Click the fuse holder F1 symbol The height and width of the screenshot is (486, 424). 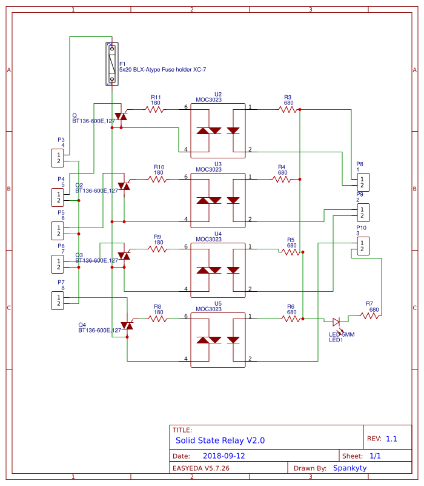pos(112,64)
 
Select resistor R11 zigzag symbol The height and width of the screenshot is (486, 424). pos(155,109)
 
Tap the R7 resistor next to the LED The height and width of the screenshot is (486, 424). pos(369,316)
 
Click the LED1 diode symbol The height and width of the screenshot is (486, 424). pos(337,322)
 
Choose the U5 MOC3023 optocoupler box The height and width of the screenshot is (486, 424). pos(218,337)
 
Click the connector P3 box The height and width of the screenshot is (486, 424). pos(59,158)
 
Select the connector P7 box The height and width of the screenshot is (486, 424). pos(59,300)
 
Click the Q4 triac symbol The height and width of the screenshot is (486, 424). pos(127,326)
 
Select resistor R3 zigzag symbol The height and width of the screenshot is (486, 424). pos(288,109)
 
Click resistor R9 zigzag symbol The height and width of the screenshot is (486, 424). pos(157,249)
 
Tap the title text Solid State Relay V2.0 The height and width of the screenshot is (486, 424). pos(220,440)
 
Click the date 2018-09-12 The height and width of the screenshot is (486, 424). pos(224,456)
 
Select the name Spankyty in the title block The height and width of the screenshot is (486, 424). pos(349,468)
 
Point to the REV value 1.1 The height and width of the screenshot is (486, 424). pos(391,439)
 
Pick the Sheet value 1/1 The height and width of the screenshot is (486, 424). pos(375,456)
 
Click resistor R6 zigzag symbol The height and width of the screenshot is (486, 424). pos(291,319)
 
